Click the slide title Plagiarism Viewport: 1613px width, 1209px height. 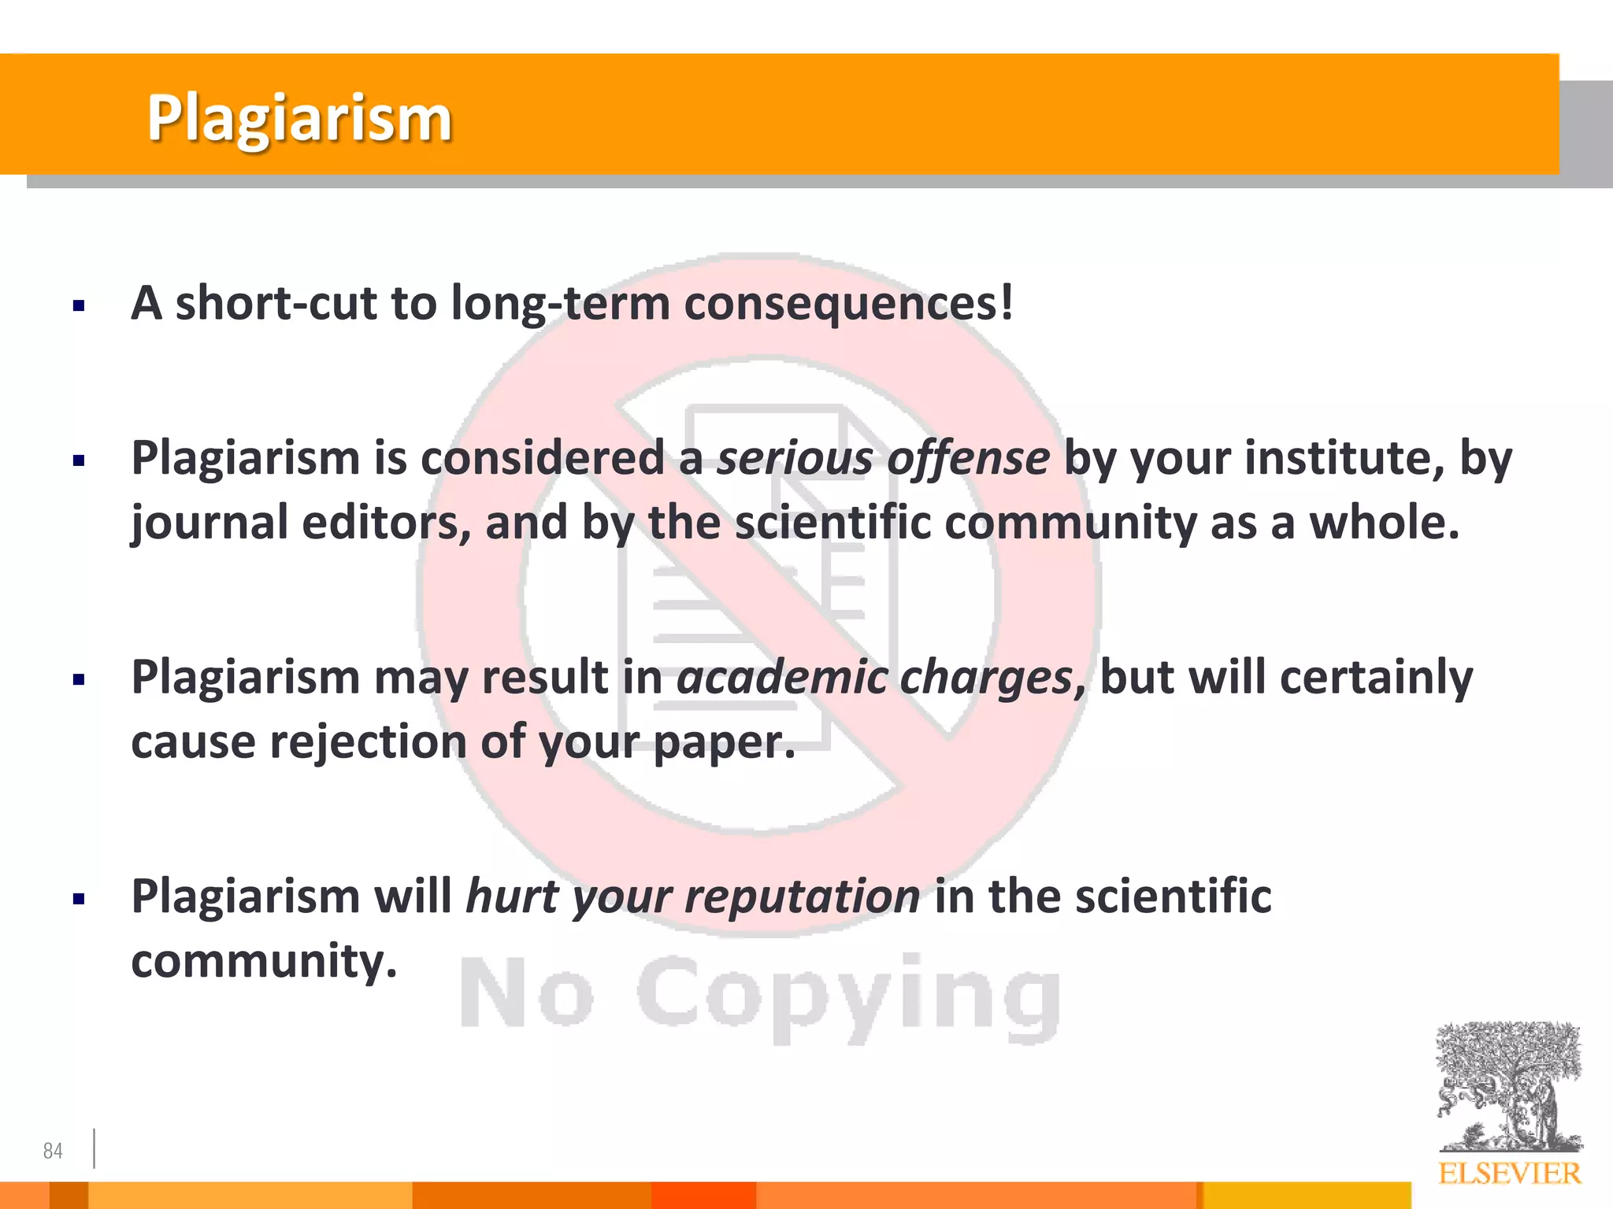[299, 118]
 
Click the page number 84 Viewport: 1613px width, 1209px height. [53, 1151]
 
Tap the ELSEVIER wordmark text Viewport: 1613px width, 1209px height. [1509, 1174]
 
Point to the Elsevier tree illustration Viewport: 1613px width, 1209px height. [1508, 1086]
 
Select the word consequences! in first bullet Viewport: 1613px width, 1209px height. [848, 303]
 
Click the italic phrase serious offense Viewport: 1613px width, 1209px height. [883, 458]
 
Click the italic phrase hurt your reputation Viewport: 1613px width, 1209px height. [692, 897]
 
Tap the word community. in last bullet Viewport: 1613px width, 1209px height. [264, 961]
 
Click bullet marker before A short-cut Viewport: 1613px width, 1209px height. [78, 306]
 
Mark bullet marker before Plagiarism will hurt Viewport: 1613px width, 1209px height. [78, 899]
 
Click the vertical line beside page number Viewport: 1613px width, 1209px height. [94, 1148]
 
